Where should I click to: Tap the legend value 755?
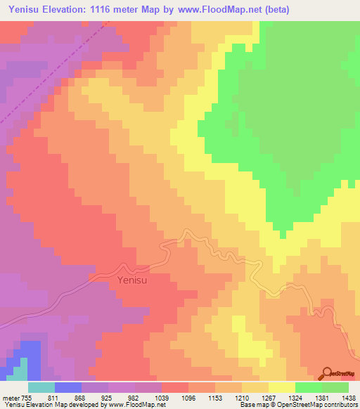coord(27,397)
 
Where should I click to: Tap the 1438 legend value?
coord(347,397)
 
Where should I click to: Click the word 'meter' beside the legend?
coord(10,397)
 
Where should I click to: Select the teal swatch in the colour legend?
coord(41,387)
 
